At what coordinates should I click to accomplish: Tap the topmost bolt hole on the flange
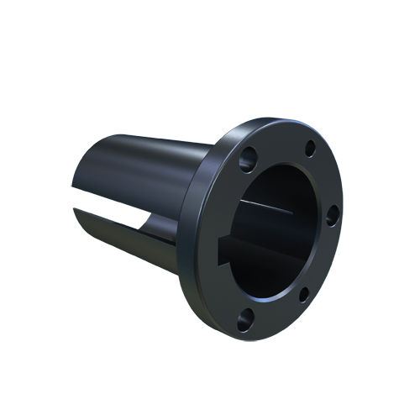click(310, 148)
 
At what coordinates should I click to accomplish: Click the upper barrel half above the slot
click(143, 168)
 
